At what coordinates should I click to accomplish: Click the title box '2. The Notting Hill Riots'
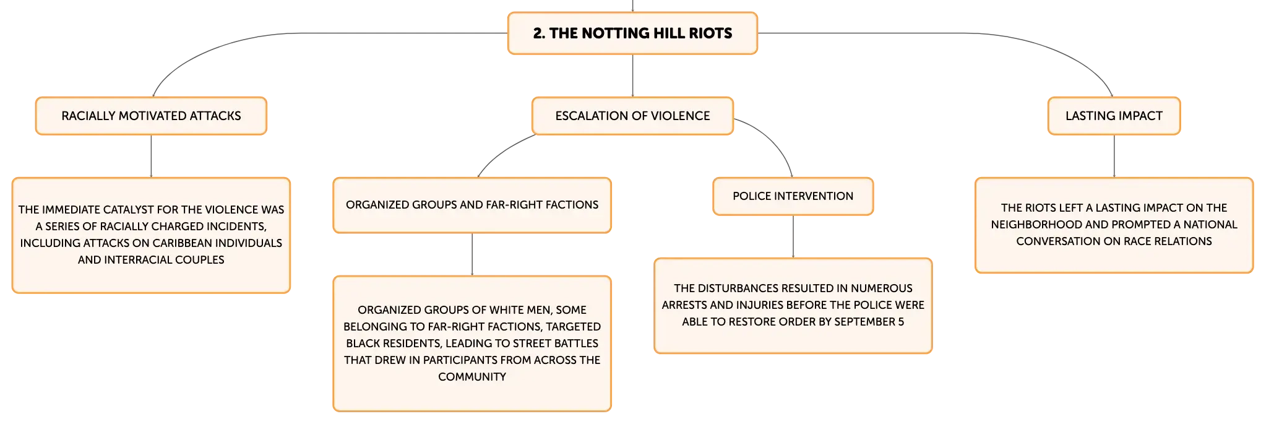click(632, 33)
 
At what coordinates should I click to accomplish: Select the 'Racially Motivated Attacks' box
click(151, 116)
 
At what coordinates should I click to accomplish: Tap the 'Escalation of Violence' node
click(632, 116)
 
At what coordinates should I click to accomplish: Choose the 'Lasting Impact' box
click(1114, 116)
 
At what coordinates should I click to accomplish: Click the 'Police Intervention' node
click(793, 196)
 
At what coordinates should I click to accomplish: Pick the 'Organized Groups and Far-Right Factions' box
click(472, 205)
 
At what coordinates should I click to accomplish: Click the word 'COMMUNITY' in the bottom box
click(472, 377)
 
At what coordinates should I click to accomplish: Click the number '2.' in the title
click(539, 33)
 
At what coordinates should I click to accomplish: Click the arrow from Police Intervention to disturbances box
click(793, 236)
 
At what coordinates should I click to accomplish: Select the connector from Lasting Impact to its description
click(1114, 156)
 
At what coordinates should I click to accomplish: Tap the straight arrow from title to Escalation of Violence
click(632, 76)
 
